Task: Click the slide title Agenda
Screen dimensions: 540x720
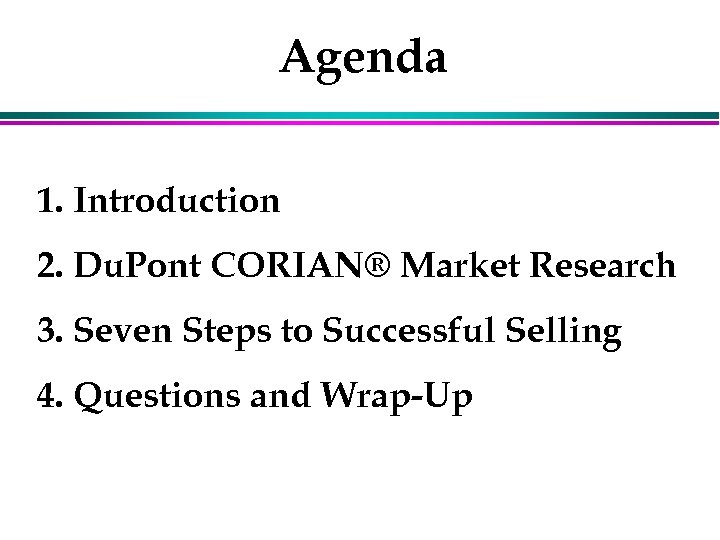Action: click(363, 59)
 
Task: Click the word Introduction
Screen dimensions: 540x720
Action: click(177, 201)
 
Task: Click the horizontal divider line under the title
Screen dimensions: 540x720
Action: click(360, 118)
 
